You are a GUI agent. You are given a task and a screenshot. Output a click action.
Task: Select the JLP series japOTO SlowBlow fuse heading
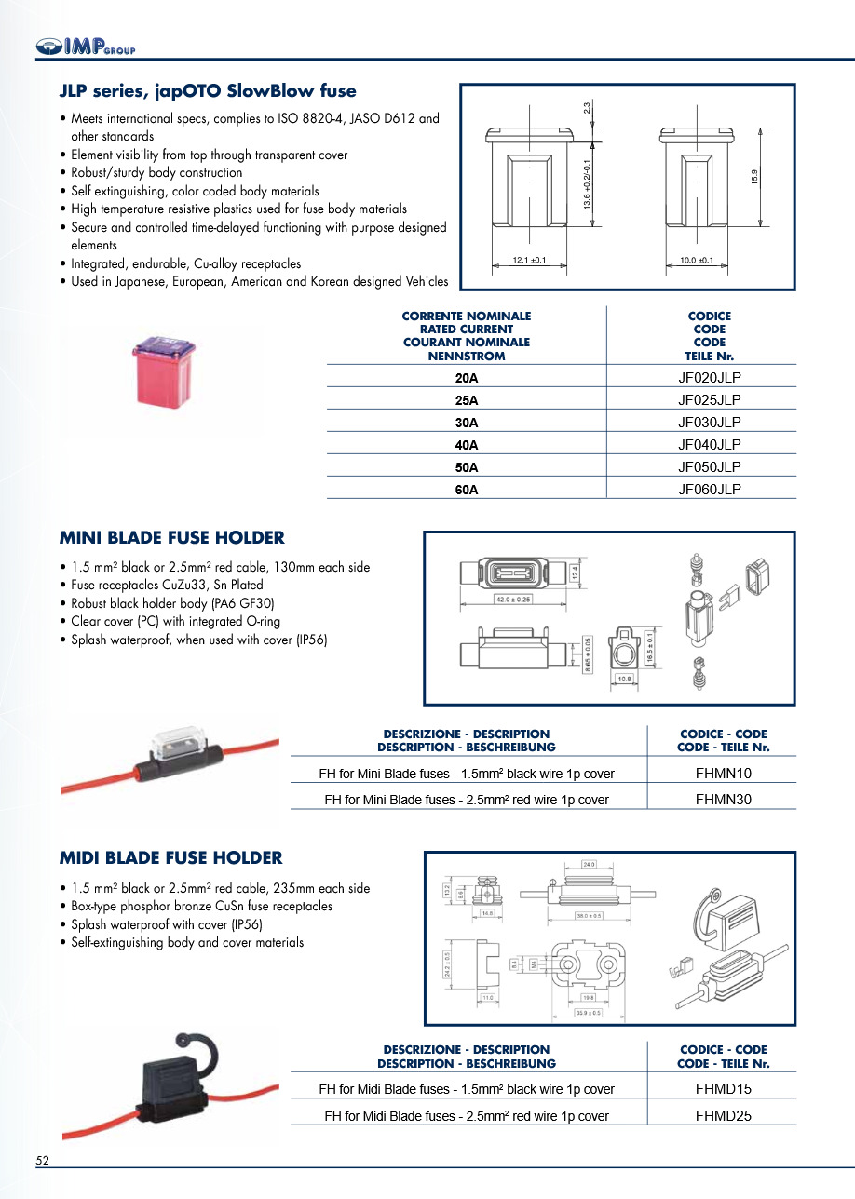208,91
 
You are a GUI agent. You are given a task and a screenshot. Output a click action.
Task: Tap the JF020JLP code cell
710,377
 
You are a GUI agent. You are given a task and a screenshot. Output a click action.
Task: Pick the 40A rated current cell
467,444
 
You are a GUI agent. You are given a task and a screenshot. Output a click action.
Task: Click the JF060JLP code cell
710,489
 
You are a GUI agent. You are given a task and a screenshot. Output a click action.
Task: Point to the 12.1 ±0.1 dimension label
529,260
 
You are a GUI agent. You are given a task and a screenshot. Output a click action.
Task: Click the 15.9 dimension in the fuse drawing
755,176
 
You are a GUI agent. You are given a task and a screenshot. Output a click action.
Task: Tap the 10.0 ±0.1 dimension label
690,260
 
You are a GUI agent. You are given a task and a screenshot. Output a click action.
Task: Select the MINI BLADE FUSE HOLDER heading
172,538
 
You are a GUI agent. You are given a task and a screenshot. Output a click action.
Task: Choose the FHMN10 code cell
724,773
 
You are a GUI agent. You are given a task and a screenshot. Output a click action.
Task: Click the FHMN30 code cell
724,799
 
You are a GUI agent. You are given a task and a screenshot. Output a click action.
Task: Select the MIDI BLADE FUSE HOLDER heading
171,858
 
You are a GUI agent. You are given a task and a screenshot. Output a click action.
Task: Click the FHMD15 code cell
724,1088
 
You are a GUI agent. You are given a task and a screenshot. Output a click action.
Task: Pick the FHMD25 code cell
724,1115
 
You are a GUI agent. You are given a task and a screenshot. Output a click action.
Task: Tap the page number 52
43,1161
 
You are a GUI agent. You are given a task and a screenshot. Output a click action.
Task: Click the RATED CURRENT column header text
467,329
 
